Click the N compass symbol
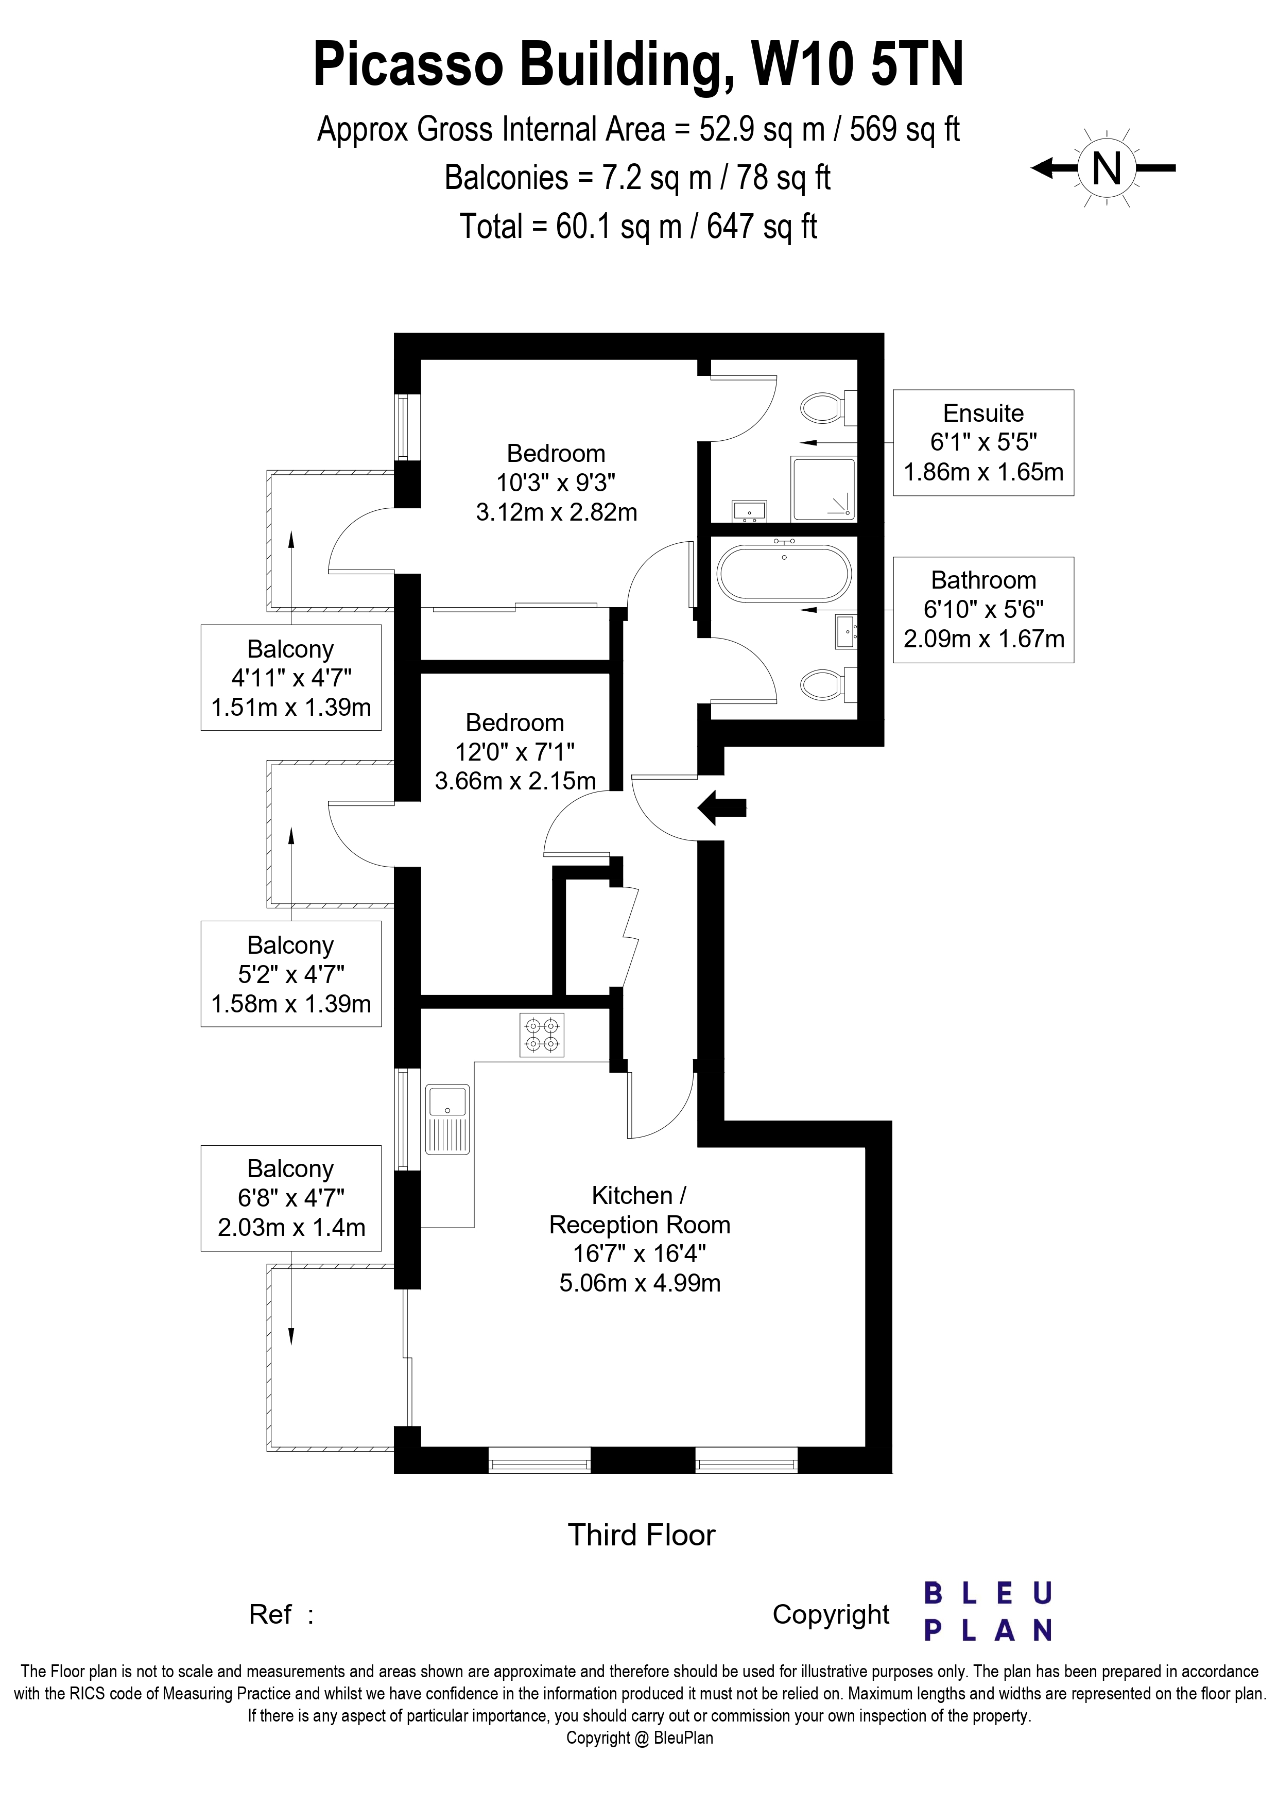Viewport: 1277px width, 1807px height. coord(1106,168)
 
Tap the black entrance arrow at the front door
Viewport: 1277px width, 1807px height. coord(721,807)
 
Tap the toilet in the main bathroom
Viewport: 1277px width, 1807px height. coord(826,684)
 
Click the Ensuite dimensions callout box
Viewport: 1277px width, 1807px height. coord(983,442)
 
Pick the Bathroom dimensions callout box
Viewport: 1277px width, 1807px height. coord(983,609)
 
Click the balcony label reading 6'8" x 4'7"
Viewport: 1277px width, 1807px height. coord(291,1198)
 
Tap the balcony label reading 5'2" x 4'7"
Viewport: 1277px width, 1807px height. coord(291,974)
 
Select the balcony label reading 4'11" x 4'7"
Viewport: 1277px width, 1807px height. coord(291,678)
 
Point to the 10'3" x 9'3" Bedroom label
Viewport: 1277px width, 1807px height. coord(556,483)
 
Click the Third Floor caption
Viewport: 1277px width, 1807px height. coord(641,1535)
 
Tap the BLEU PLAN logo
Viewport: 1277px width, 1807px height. coord(988,1612)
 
